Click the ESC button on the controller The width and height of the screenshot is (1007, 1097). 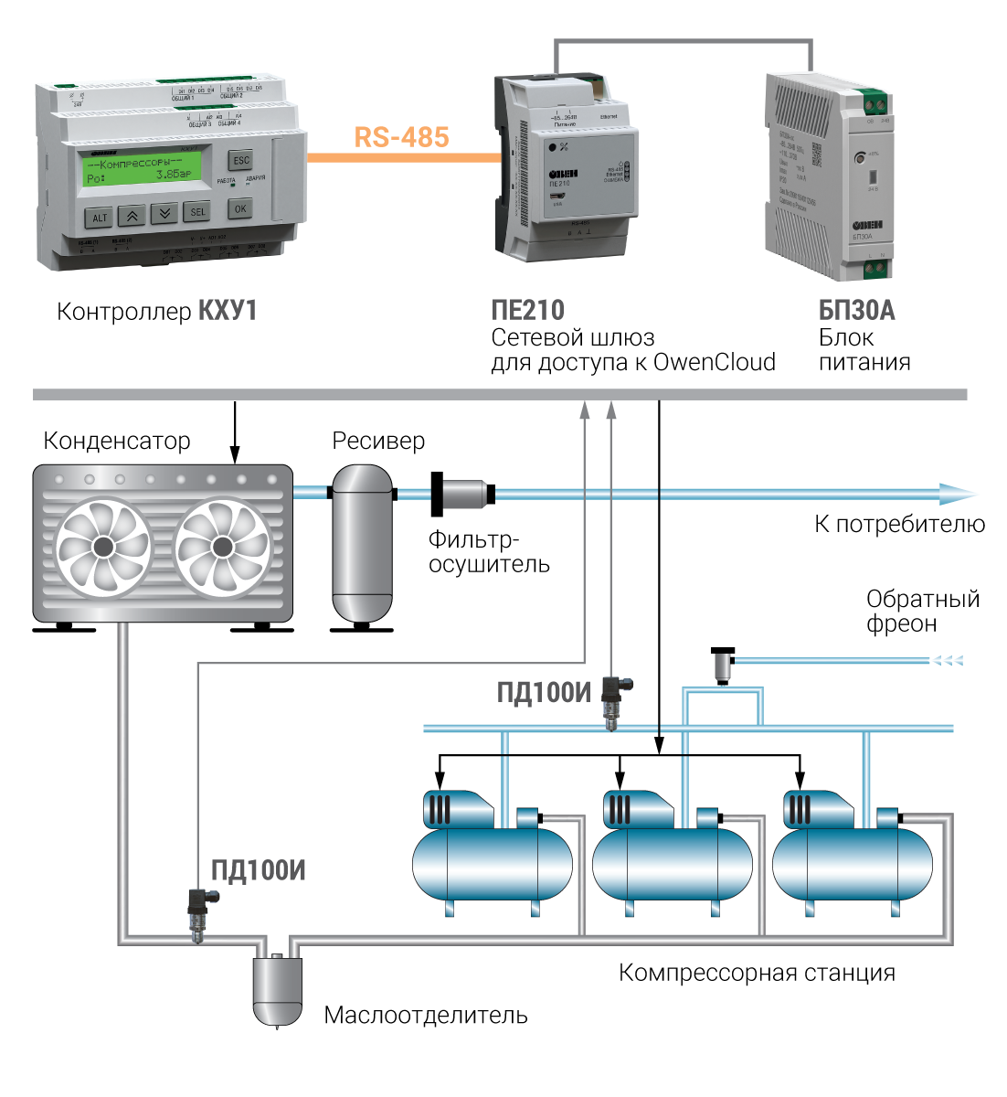click(239, 160)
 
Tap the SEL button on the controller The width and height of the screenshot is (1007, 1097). click(196, 212)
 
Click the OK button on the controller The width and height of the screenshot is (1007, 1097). click(239, 208)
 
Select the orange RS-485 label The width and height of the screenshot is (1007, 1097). click(401, 137)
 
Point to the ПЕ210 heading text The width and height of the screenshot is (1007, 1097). click(527, 311)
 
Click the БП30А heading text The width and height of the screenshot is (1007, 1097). click(856, 311)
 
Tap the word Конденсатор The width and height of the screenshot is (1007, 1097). click(117, 442)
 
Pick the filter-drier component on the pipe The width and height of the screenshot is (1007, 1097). click(463, 495)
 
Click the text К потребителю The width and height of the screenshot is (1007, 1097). click(899, 525)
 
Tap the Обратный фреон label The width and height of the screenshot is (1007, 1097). click(922, 612)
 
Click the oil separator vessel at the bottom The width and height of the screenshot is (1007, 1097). click(277, 990)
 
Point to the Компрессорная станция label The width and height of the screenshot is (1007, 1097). click(757, 973)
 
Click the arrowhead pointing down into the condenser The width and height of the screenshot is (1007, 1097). click(235, 456)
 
